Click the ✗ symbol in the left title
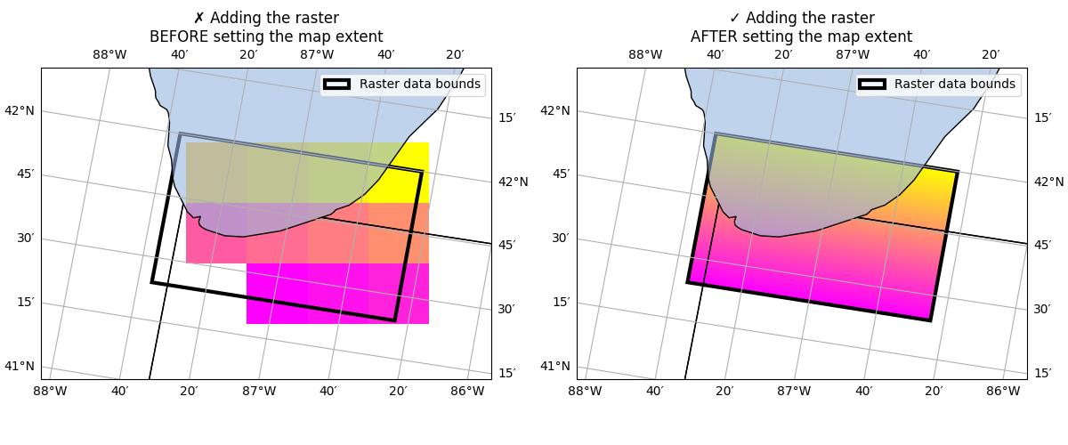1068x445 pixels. [198, 19]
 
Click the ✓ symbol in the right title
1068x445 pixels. [734, 19]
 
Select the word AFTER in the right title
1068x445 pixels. [716, 37]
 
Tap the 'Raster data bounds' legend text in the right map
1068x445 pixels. [954, 85]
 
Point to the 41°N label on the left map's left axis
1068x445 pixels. [20, 366]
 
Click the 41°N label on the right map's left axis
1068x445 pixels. [555, 366]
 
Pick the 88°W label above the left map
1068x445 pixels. [109, 55]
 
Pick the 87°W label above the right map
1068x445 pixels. [853, 55]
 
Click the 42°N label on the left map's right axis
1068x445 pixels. [513, 182]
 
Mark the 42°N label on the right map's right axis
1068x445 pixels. [1048, 182]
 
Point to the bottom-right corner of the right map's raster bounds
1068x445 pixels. [930, 320]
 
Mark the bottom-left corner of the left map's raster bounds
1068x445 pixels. [152, 282]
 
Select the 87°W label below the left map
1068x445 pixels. [258, 391]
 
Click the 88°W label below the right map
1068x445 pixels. [585, 391]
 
